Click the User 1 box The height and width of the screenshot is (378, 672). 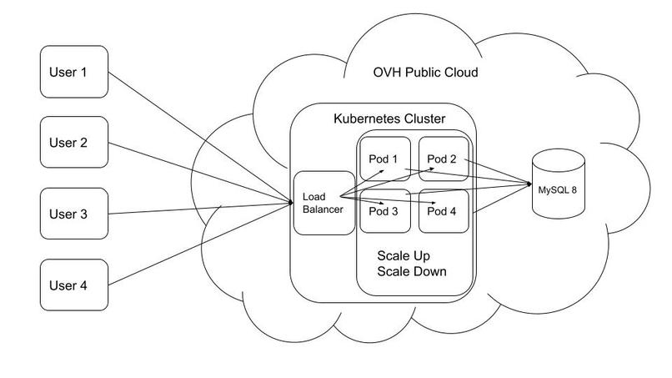74,72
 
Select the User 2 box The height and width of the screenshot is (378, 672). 74,142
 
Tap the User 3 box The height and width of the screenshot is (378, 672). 74,214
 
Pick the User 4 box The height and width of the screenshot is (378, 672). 74,285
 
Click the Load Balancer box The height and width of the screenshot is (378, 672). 324,203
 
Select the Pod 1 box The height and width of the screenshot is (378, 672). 385,159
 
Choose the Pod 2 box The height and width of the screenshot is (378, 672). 444,159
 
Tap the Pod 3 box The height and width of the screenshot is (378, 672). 385,211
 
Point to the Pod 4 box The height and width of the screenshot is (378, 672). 444,211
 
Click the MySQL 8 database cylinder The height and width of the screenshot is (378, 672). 558,184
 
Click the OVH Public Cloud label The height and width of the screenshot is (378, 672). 425,72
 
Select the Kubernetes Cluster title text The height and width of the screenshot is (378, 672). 389,118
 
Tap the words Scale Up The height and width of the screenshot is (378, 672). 404,256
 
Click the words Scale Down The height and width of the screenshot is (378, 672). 412,271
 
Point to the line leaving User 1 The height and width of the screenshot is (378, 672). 200,137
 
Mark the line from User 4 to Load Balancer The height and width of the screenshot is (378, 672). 200,244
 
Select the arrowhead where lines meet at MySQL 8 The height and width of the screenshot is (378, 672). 529,184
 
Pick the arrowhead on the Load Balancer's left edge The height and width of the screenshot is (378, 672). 291,203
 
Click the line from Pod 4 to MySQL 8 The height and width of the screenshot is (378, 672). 500,199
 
